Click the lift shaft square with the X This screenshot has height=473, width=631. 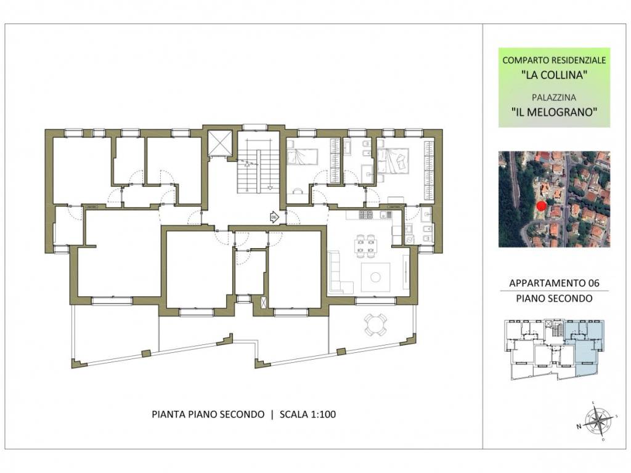pyautogui.click(x=220, y=143)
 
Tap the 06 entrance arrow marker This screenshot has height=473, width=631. pyautogui.click(x=274, y=217)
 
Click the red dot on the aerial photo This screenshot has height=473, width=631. pyautogui.click(x=541, y=206)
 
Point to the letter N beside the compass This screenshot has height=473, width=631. pyautogui.click(x=579, y=427)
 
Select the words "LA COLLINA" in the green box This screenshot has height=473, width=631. pyautogui.click(x=554, y=75)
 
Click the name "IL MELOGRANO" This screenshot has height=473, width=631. pyautogui.click(x=554, y=112)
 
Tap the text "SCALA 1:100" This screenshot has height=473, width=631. pyautogui.click(x=308, y=414)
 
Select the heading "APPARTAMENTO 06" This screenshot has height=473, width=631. pyautogui.click(x=554, y=283)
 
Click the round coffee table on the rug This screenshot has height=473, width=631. pyautogui.click(x=375, y=277)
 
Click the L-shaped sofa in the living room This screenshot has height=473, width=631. pyautogui.click(x=339, y=273)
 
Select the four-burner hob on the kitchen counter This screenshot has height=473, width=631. pyautogui.click(x=367, y=215)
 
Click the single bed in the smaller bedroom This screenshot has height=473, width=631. pyautogui.click(x=303, y=156)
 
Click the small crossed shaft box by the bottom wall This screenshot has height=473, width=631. pyautogui.click(x=264, y=302)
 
